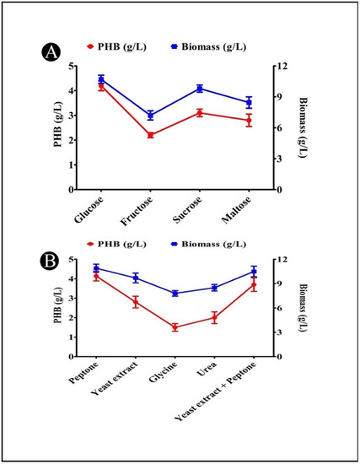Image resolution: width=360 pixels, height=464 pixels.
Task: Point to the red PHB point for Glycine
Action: pyautogui.click(x=175, y=327)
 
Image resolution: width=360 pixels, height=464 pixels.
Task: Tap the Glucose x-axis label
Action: pyautogui.click(x=90, y=210)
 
